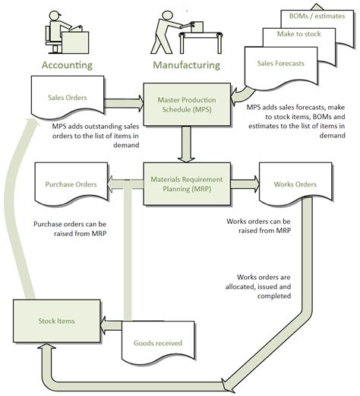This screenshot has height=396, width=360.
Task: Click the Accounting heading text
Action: tap(66, 64)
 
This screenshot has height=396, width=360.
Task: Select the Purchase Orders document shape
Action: tap(70, 184)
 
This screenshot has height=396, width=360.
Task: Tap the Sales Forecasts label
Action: tap(280, 63)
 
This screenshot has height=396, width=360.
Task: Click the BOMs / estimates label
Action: tap(314, 15)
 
